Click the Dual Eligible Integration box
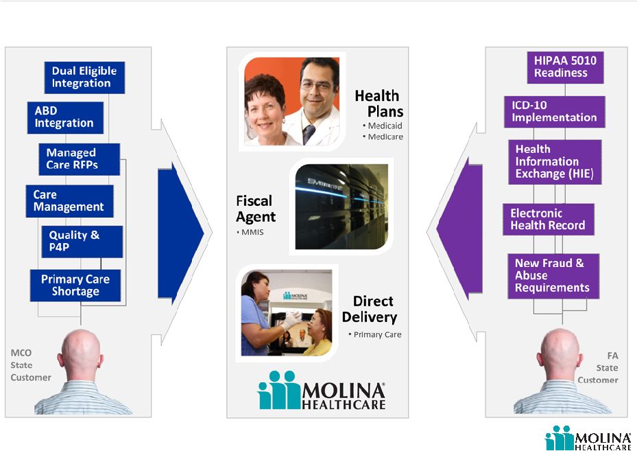84,78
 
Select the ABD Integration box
65,117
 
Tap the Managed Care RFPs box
80,159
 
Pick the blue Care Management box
69,201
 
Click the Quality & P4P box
82,242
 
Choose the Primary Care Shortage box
75,286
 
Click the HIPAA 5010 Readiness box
565,67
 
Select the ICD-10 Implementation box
555,112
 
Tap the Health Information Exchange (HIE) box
555,162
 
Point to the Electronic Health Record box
549,220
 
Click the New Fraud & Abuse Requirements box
553,276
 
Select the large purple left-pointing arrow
459,229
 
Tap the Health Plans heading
379,103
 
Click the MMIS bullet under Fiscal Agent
250,232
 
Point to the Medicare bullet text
383,137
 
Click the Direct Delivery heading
370,309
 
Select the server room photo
341,207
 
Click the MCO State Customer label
31,365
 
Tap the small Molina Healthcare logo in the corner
588,438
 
